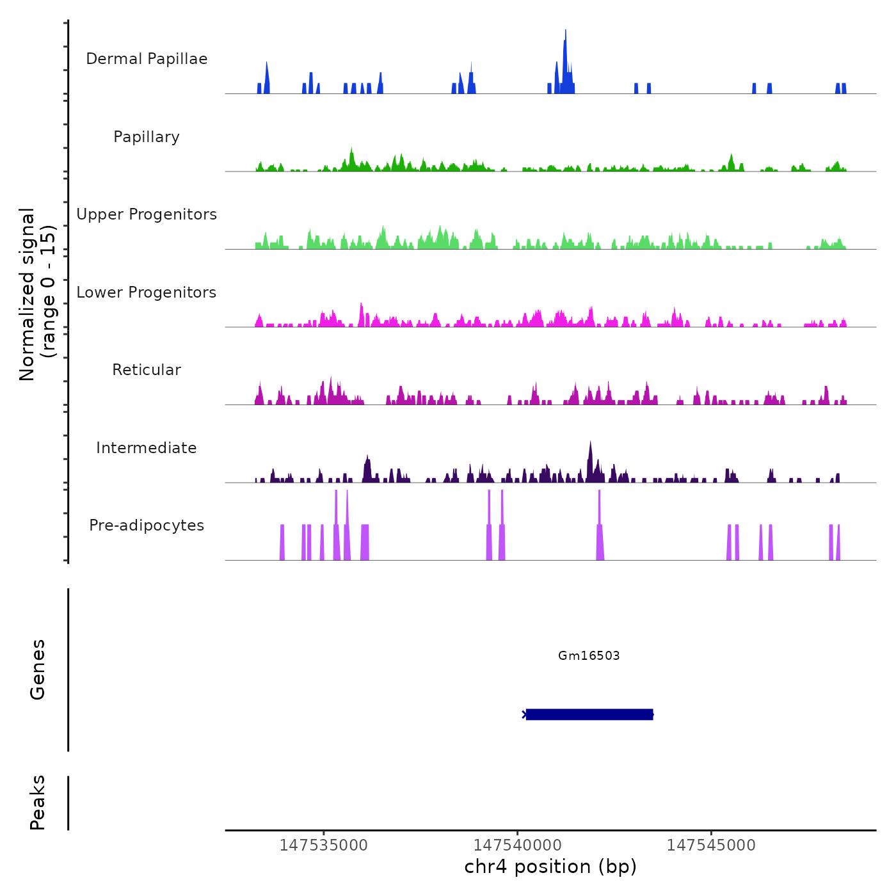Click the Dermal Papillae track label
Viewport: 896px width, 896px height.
point(147,59)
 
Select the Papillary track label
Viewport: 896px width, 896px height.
point(147,137)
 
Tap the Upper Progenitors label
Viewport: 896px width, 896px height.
point(147,214)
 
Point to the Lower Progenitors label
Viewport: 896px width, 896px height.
point(147,292)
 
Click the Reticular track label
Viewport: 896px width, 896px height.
point(147,370)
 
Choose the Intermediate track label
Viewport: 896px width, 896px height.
point(147,448)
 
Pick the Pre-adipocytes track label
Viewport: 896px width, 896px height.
point(147,525)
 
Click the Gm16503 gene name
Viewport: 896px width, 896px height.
point(589,655)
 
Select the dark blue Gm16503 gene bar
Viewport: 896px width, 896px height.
point(589,714)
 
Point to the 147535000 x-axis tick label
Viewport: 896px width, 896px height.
point(324,845)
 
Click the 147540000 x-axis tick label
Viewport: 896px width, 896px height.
point(518,845)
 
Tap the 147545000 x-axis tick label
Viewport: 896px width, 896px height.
point(711,845)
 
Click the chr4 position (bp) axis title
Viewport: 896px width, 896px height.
point(550,867)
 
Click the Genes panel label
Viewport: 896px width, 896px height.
point(38,669)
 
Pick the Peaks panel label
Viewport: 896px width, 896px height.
point(38,803)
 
